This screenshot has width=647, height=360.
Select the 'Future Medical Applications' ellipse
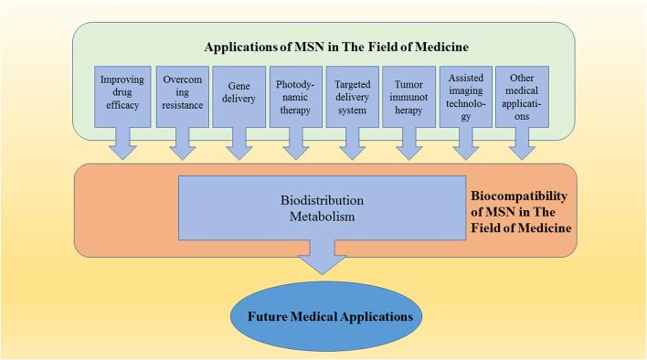(x=323, y=316)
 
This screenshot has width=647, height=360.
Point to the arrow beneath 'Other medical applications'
(x=523, y=143)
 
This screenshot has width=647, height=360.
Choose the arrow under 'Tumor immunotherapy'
(x=408, y=143)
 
